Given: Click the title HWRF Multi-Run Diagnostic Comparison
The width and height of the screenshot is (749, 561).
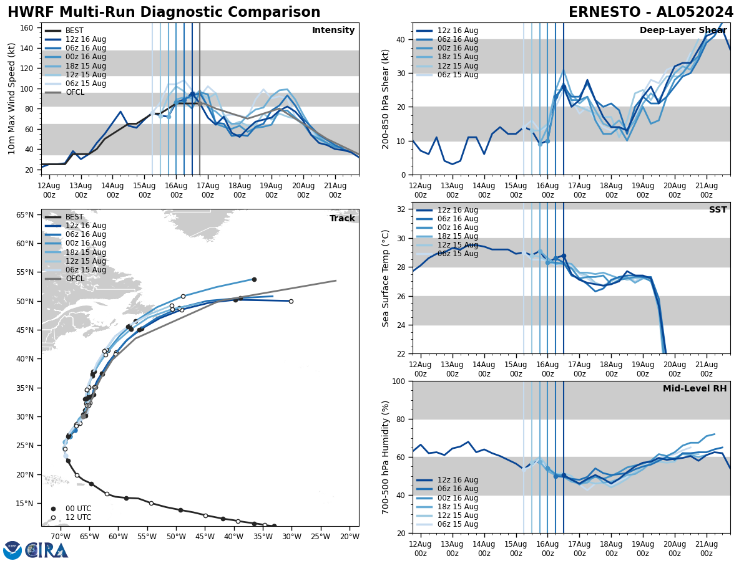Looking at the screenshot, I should (x=164, y=12).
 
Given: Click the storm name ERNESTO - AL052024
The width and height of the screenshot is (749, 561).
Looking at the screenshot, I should (x=650, y=12).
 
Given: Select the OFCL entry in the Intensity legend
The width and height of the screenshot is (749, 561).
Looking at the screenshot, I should (x=75, y=92).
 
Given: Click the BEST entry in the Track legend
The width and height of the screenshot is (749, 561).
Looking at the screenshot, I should (x=74, y=217).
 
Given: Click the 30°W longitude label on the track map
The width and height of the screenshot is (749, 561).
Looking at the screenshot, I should (x=291, y=536).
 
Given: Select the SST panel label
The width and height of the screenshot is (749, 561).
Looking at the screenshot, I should (x=717, y=210).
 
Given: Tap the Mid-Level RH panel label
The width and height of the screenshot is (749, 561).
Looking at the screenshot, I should (x=694, y=389).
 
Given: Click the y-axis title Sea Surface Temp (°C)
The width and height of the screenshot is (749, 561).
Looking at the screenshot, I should (x=386, y=278).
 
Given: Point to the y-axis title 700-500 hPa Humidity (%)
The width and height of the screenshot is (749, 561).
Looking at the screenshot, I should (x=386, y=458).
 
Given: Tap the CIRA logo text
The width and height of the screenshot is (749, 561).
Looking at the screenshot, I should (x=47, y=550).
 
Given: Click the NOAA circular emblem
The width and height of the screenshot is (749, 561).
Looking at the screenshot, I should (x=12, y=550).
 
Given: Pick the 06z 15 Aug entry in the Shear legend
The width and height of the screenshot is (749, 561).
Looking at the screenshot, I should (x=458, y=75).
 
